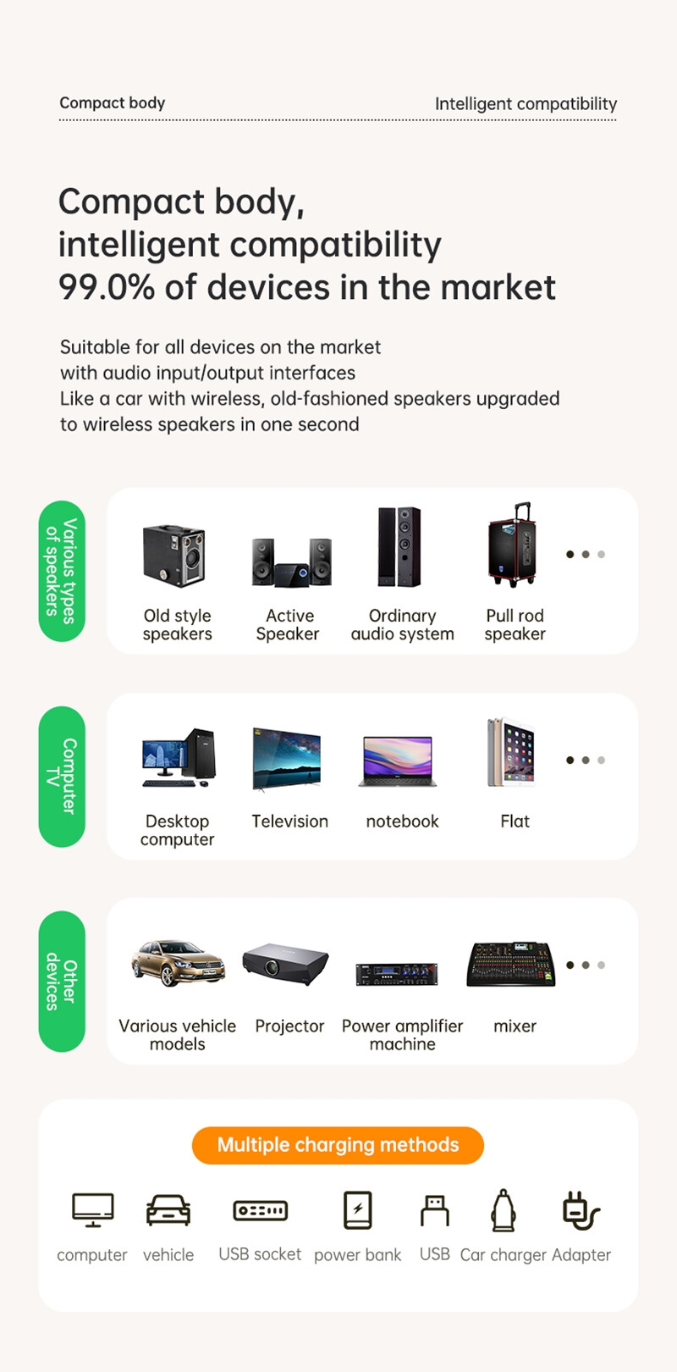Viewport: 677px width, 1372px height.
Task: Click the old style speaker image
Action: click(x=174, y=556)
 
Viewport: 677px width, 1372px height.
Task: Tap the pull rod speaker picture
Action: click(x=511, y=545)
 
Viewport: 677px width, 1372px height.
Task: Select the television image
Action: click(x=287, y=759)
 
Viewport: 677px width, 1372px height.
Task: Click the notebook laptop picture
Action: click(x=398, y=761)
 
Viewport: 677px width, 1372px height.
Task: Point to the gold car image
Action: click(x=178, y=963)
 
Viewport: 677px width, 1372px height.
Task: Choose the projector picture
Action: click(x=286, y=964)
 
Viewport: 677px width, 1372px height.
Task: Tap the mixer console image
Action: click(x=512, y=964)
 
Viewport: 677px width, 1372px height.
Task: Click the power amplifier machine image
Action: click(x=397, y=975)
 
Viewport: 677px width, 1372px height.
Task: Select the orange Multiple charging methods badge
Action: click(x=338, y=1145)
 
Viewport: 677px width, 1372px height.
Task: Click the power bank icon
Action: click(x=358, y=1209)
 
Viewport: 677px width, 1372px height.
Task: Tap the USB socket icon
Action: click(x=260, y=1210)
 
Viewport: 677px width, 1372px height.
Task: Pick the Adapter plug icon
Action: click(x=581, y=1210)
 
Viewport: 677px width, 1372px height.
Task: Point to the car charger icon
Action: click(x=504, y=1209)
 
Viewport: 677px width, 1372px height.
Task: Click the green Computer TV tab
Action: click(x=62, y=777)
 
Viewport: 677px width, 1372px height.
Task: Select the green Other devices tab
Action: click(x=62, y=982)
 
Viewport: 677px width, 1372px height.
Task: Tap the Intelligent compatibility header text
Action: click(x=526, y=104)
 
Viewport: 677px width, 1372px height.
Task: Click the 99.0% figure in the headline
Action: click(x=107, y=287)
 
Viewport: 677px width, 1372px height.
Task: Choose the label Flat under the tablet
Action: click(x=515, y=822)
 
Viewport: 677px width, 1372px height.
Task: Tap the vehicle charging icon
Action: click(x=168, y=1210)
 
